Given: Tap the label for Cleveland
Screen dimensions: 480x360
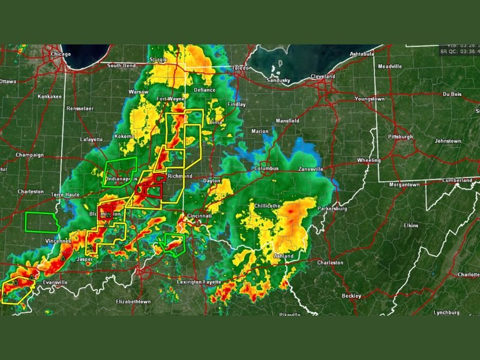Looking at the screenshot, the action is (322, 77).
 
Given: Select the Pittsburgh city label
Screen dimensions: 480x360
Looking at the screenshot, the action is (400, 137).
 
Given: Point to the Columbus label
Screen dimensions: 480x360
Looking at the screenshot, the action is (266, 169).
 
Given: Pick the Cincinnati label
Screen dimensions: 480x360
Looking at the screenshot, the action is (199, 215).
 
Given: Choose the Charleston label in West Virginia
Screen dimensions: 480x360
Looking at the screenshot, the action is (330, 263).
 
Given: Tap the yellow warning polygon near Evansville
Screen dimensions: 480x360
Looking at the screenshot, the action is (15, 291).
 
